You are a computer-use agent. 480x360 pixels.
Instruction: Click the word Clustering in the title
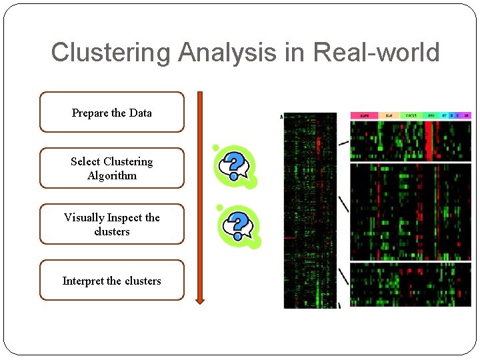[x=111, y=53]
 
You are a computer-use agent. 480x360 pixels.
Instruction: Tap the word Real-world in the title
[x=376, y=53]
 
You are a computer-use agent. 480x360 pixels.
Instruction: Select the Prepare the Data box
[x=111, y=112]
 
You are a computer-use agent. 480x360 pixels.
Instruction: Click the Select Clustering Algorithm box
[x=111, y=168]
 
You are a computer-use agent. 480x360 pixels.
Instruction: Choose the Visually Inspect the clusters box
[x=111, y=224]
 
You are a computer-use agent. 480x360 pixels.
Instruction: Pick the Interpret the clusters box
[x=111, y=280]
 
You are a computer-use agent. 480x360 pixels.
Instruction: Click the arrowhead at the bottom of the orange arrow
[x=199, y=299]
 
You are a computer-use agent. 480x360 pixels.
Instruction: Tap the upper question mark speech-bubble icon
[x=233, y=166]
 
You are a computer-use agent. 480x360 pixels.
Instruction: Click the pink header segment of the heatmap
[x=365, y=115]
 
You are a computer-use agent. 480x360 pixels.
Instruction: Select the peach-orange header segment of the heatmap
[x=389, y=115]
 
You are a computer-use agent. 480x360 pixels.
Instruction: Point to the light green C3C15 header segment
[x=411, y=115]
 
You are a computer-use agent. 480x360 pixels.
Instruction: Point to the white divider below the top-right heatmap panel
[x=411, y=161]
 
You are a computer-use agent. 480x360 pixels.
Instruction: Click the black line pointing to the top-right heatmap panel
[x=343, y=142]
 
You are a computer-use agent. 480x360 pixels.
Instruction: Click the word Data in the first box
[x=140, y=113]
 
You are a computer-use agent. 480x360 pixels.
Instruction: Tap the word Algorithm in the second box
[x=111, y=176]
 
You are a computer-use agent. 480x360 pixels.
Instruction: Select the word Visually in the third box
[x=84, y=217]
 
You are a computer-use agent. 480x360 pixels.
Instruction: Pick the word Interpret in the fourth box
[x=83, y=281]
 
